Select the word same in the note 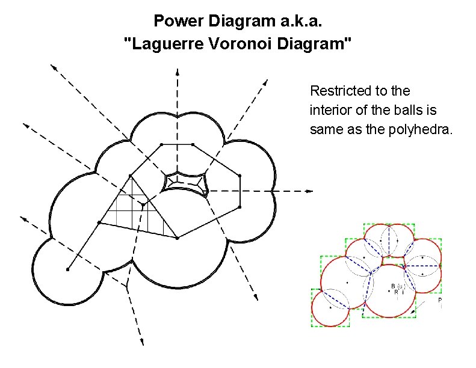pyautogui.click(x=324, y=129)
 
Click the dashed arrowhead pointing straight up pyautogui.click(x=178, y=73)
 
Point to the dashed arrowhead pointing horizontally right pyautogui.click(x=310, y=191)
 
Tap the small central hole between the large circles pyautogui.click(x=187, y=182)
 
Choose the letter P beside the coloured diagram pyautogui.click(x=440, y=299)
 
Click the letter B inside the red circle pyautogui.click(x=393, y=286)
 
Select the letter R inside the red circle pyautogui.click(x=395, y=292)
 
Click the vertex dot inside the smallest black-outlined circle pyautogui.click(x=68, y=269)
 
